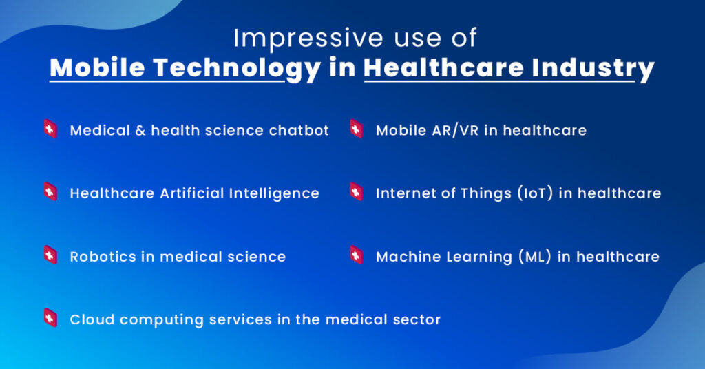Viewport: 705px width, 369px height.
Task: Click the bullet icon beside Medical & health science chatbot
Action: (x=50, y=129)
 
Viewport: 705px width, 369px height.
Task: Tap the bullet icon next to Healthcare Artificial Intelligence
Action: (x=50, y=191)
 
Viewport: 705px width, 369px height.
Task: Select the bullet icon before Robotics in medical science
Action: (x=50, y=255)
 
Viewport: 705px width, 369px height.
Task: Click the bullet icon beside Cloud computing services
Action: (x=50, y=317)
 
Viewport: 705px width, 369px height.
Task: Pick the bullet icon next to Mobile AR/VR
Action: (x=356, y=129)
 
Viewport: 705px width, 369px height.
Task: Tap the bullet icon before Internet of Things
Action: (x=356, y=191)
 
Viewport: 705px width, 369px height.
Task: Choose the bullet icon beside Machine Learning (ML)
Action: (x=356, y=255)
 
